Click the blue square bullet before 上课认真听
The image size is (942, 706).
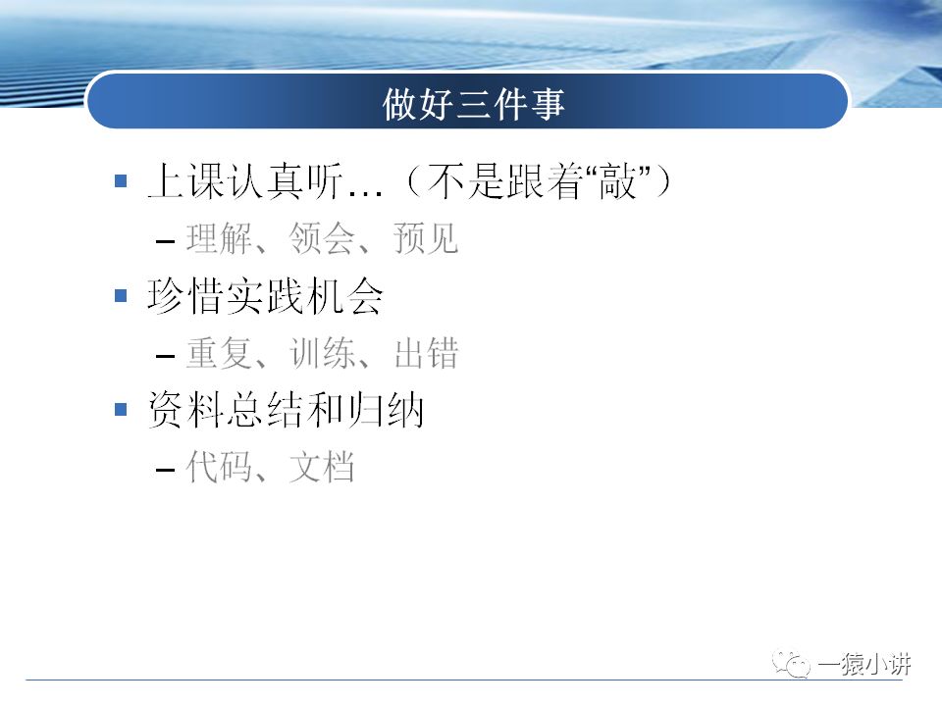121,180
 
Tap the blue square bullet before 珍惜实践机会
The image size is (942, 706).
121,294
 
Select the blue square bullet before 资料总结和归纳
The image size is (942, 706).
121,409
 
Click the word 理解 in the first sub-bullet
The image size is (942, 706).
215,238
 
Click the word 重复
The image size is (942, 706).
215,353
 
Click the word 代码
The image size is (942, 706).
215,468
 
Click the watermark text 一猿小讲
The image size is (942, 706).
864,665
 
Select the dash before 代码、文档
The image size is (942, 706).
166,470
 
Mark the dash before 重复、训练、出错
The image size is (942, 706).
166,355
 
